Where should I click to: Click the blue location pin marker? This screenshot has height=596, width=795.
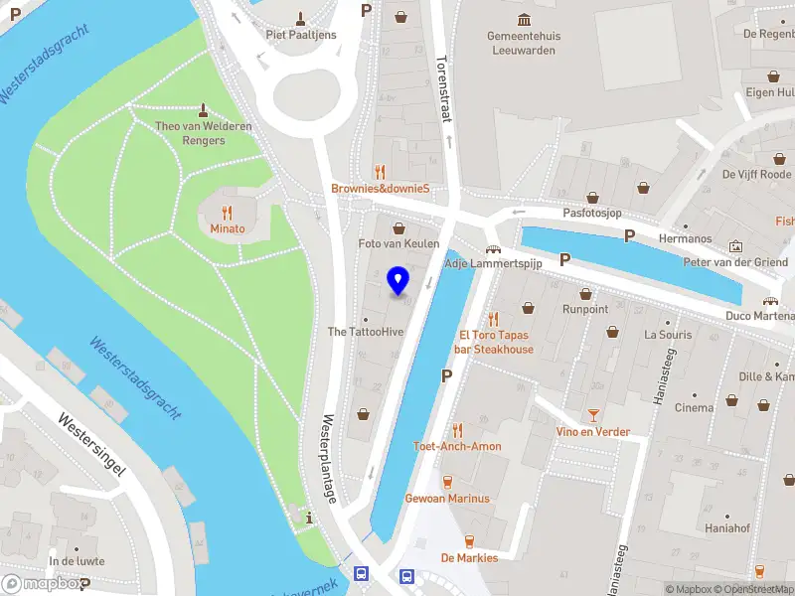click(398, 280)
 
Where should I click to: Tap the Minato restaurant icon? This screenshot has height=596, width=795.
click(227, 212)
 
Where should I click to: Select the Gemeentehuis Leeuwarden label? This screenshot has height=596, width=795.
click(524, 43)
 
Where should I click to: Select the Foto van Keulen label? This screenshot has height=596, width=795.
click(398, 243)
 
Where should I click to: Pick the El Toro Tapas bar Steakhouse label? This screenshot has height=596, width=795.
click(495, 343)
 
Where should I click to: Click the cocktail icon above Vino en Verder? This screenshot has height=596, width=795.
click(593, 414)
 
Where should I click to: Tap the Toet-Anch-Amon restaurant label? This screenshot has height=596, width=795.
click(457, 446)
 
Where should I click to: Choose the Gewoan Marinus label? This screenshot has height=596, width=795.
click(447, 498)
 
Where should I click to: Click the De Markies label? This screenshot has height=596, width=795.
click(469, 557)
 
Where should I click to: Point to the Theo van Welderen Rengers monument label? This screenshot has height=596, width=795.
click(204, 133)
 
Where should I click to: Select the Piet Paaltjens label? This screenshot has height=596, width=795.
click(301, 35)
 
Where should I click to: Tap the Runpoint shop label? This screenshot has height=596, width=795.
click(584, 309)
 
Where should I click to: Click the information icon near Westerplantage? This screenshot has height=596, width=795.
click(311, 517)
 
